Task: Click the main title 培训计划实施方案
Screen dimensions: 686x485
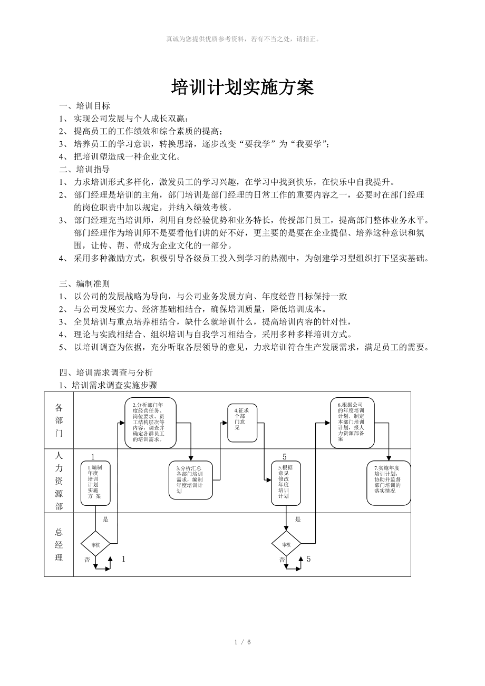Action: pos(242,88)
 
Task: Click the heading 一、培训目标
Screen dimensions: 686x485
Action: pos(85,105)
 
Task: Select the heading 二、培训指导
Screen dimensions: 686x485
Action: pos(85,169)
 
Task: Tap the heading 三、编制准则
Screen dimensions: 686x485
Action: pos(85,283)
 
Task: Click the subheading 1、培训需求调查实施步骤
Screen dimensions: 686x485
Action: pos(108,385)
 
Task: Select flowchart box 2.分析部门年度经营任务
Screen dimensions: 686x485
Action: pos(150,423)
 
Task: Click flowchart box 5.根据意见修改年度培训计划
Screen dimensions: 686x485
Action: pos(286,482)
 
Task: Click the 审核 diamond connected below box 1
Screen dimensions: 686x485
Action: pos(95,544)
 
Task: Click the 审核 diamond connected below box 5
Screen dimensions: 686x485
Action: pos(286,544)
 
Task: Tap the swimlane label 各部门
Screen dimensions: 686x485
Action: pos(59,420)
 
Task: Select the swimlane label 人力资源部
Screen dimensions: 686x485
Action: pos(59,480)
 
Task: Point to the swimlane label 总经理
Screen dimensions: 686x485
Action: pos(59,545)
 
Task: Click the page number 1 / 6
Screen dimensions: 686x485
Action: pos(242,642)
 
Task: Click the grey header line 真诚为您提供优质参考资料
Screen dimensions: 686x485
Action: pos(242,38)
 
